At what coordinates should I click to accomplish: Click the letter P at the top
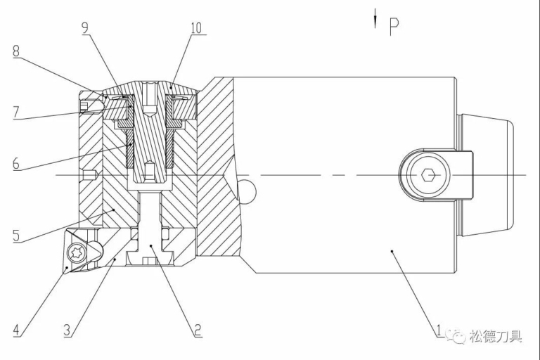(394, 25)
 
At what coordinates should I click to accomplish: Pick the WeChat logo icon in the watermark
(458, 336)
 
